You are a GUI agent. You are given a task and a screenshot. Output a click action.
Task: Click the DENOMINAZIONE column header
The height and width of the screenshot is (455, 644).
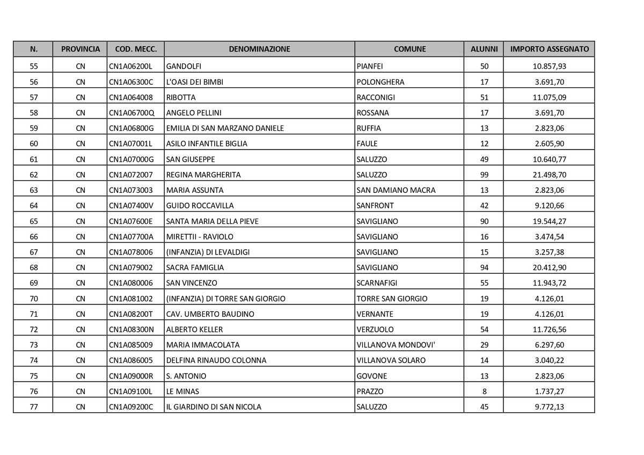(x=259, y=49)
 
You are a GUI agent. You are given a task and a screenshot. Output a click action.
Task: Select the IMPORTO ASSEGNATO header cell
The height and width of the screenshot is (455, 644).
(x=549, y=49)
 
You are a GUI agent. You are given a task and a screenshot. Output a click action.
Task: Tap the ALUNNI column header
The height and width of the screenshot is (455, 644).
(x=484, y=49)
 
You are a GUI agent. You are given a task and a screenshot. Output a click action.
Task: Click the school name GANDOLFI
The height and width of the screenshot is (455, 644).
(x=184, y=66)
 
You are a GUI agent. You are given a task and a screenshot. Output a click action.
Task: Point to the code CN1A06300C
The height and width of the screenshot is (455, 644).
(x=131, y=82)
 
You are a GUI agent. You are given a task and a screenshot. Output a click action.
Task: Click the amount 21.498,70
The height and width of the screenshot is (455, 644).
(x=549, y=175)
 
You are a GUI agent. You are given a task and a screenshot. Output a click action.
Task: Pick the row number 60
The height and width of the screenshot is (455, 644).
(x=34, y=144)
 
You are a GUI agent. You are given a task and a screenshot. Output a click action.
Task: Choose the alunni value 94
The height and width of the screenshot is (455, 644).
(x=484, y=267)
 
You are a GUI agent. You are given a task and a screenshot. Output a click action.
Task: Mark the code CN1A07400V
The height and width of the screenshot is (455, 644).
(x=131, y=206)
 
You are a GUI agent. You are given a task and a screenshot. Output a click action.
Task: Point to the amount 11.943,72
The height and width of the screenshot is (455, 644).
(x=549, y=283)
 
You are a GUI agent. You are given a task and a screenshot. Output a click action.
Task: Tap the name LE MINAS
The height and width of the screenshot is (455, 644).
(x=183, y=391)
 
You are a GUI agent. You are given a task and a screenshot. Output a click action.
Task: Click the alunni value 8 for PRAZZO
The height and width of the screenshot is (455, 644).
(x=484, y=391)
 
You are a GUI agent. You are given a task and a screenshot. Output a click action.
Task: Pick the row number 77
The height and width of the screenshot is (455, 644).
(x=34, y=407)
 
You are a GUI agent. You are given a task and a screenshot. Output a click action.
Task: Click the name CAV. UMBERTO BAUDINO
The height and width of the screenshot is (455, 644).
(x=210, y=314)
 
